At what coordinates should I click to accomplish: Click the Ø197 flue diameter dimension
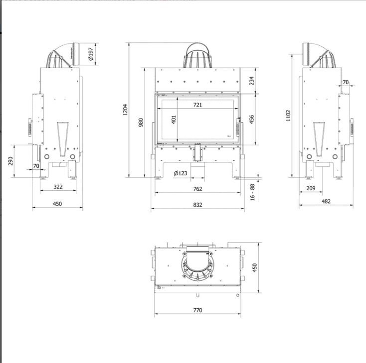91,54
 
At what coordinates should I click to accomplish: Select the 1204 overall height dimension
125,110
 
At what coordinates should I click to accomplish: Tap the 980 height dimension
141,122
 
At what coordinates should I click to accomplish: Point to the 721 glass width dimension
197,105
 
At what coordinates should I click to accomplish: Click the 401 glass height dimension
174,120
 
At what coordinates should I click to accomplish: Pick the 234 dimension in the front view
252,81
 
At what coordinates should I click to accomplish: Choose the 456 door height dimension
252,120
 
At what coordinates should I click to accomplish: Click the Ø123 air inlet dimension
181,173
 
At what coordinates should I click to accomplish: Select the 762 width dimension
197,189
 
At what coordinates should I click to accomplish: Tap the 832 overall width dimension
197,205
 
